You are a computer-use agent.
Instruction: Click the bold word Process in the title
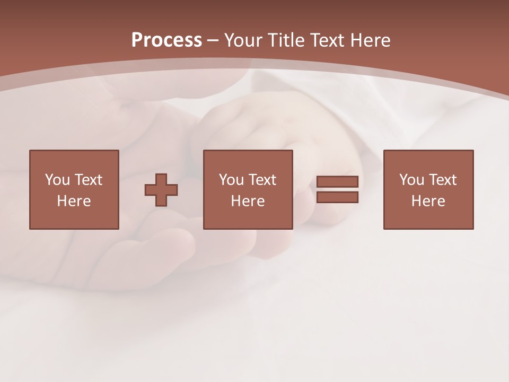[166, 40]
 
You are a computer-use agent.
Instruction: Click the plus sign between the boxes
[161, 190]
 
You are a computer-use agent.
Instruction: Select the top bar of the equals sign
[337, 181]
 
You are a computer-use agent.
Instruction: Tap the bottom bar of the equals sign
[337, 197]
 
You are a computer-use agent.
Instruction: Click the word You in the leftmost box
[57, 180]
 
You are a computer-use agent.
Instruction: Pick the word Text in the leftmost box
[87, 180]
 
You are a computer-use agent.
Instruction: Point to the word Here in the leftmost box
[74, 201]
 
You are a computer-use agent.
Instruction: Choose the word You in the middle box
[231, 180]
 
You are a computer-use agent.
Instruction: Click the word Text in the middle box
[261, 180]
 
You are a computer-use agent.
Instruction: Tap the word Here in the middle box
[248, 201]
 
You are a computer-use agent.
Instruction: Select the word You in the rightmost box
[411, 180]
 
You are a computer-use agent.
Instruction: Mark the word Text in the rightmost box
[442, 180]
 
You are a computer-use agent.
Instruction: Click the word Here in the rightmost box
[428, 201]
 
